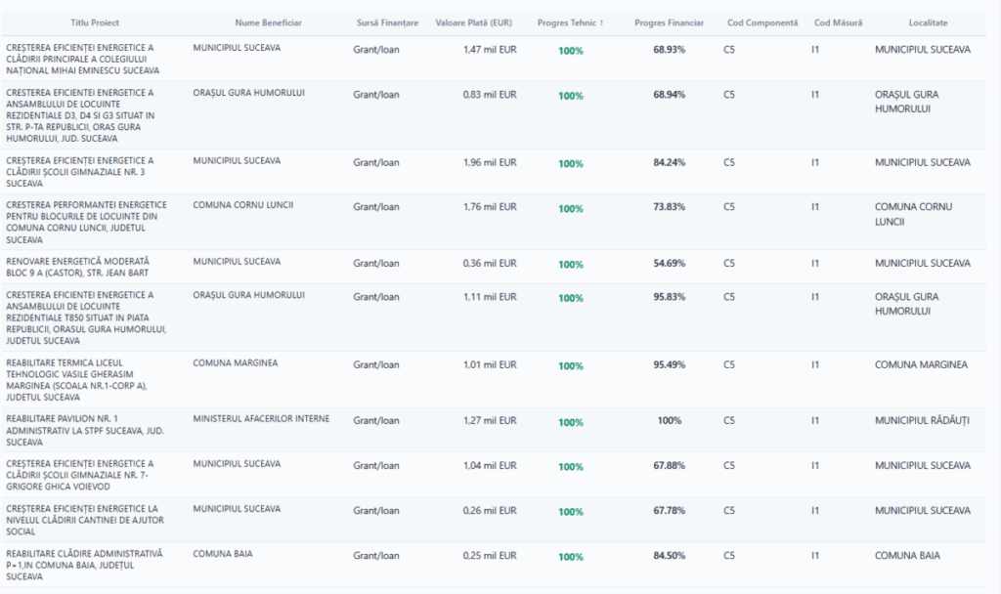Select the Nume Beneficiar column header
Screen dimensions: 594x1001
[x=269, y=22]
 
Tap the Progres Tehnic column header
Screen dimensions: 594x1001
[x=570, y=22]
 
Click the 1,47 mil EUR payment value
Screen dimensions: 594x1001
[x=490, y=49]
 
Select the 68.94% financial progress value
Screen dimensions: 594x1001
[x=669, y=95]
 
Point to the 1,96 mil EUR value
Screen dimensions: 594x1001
[x=490, y=162]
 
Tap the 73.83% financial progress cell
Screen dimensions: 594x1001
[x=669, y=207]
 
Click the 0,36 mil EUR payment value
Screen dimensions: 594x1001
[x=490, y=263]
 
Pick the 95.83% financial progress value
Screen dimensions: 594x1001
[x=669, y=297]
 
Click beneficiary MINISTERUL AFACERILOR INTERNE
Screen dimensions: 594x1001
[x=261, y=419]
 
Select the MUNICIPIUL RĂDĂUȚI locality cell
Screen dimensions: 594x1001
[x=922, y=420]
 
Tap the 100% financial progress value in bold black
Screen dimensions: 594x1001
[x=669, y=420]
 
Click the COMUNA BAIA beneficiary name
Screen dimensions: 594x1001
[x=223, y=554]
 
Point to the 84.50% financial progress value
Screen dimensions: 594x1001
[x=669, y=555]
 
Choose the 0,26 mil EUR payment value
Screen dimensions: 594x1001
[x=490, y=510]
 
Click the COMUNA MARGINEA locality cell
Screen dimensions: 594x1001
[x=921, y=364]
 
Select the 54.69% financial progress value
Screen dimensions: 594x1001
[x=669, y=264]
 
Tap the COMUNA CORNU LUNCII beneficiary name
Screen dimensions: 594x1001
[x=242, y=205]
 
